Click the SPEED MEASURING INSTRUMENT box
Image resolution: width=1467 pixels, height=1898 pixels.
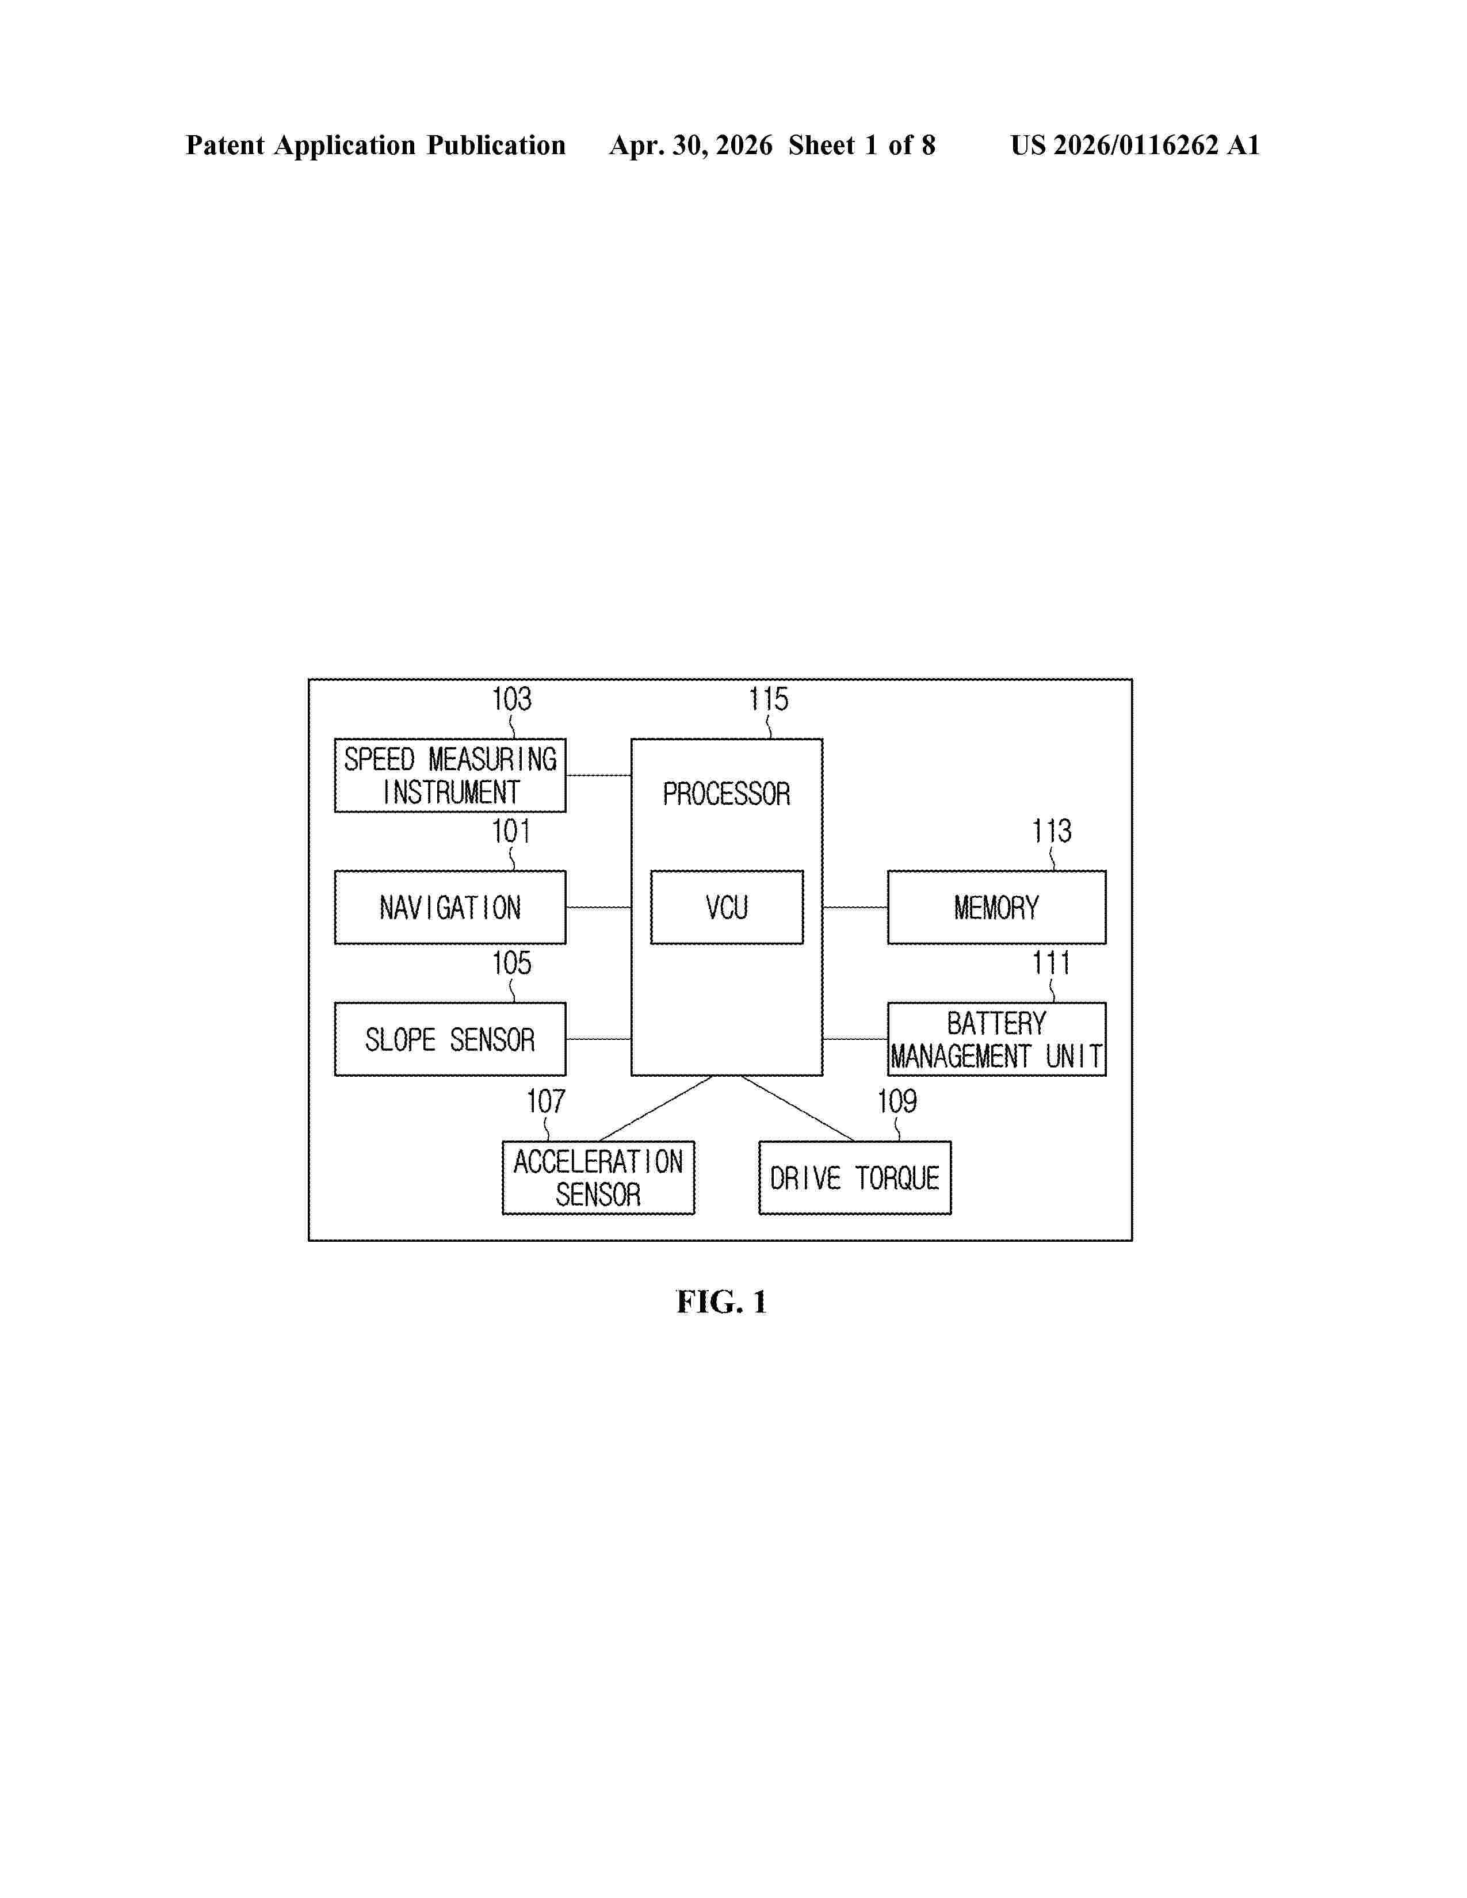coord(450,775)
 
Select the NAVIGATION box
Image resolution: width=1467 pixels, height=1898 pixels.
coord(450,907)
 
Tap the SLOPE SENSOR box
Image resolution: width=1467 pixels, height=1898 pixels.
coord(450,1039)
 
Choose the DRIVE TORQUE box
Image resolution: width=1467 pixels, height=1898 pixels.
coord(855,1177)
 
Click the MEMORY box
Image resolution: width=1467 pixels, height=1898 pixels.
coord(997,907)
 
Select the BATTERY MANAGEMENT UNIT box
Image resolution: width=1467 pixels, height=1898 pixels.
coord(997,1039)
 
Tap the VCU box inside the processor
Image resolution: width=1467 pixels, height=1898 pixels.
coord(727,907)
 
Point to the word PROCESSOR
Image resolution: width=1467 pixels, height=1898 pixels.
coord(727,794)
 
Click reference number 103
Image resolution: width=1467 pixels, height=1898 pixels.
coord(512,699)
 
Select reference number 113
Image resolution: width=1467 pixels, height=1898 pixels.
coord(1052,831)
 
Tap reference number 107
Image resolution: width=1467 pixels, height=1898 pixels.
coord(546,1101)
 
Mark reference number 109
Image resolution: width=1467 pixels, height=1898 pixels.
coord(897,1101)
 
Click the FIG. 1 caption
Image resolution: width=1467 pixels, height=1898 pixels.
coord(722,1302)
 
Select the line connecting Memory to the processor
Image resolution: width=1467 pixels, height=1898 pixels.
coord(855,907)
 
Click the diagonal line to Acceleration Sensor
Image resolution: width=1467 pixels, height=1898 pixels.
coord(655,1109)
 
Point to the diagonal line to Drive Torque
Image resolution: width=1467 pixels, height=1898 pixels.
coord(798,1109)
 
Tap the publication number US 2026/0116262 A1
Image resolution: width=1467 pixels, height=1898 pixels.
coord(1135,145)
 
